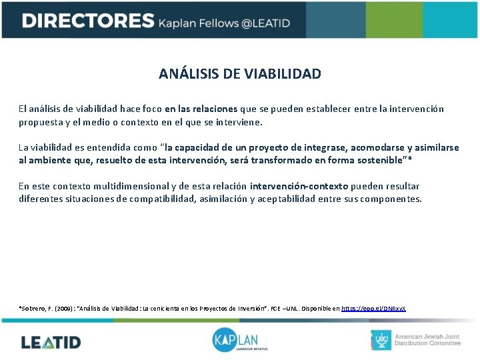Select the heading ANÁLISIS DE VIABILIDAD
click(240, 73)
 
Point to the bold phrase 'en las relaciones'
click(201, 109)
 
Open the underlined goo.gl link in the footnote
click(373, 309)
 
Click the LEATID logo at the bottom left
click(51, 342)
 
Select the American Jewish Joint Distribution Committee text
click(427, 340)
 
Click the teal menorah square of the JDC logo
click(381, 340)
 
